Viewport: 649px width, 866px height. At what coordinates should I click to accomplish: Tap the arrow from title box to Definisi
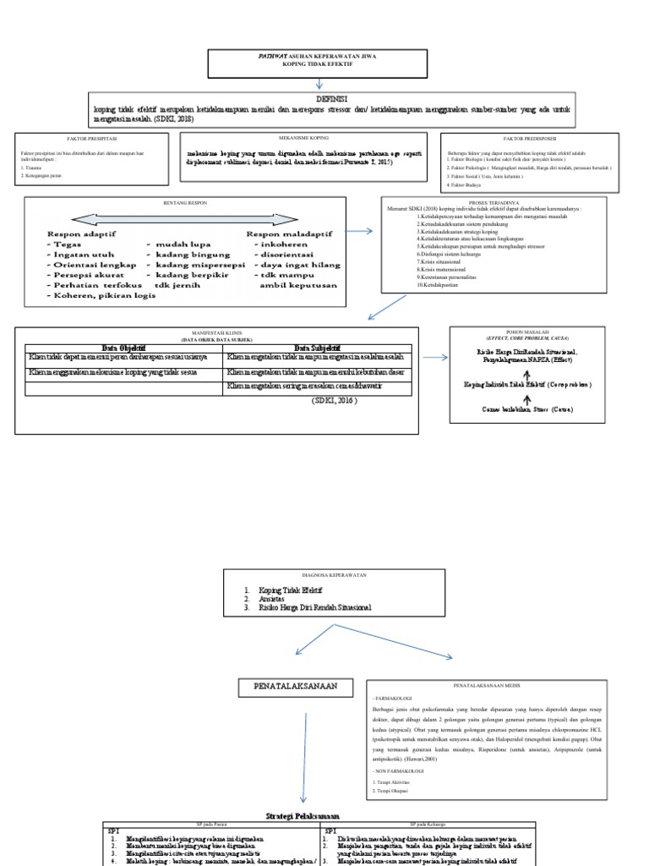coord(319,82)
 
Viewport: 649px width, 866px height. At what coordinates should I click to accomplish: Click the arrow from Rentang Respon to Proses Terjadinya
coord(357,230)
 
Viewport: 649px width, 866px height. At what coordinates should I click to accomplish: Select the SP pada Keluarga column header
coord(428,823)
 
